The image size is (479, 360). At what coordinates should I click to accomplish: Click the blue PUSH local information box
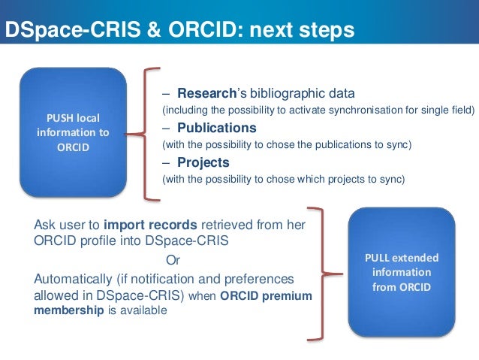click(x=73, y=131)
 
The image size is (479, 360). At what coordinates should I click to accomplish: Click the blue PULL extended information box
click(x=401, y=271)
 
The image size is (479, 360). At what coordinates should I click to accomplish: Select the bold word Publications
click(x=217, y=127)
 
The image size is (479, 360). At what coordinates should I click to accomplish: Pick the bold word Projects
click(x=203, y=162)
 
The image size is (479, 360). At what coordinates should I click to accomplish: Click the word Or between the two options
click(x=173, y=260)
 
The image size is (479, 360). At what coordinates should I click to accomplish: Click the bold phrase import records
click(x=151, y=224)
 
